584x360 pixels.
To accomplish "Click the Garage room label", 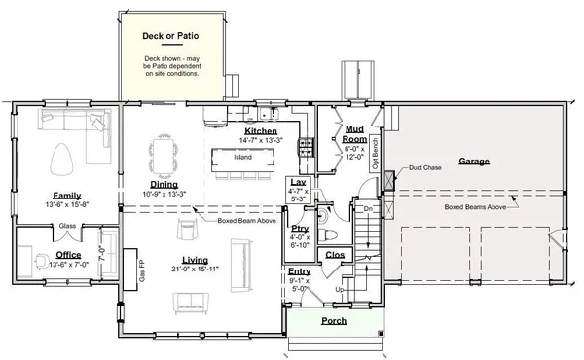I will tap(474, 162).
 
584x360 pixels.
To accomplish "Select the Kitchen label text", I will tap(261, 130).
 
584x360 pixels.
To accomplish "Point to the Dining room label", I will tap(164, 184).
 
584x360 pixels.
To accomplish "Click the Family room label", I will tap(66, 195).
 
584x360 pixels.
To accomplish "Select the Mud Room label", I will tap(354, 133).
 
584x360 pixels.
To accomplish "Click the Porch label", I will tap(335, 320).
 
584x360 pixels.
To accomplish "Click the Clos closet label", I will tap(335, 255).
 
